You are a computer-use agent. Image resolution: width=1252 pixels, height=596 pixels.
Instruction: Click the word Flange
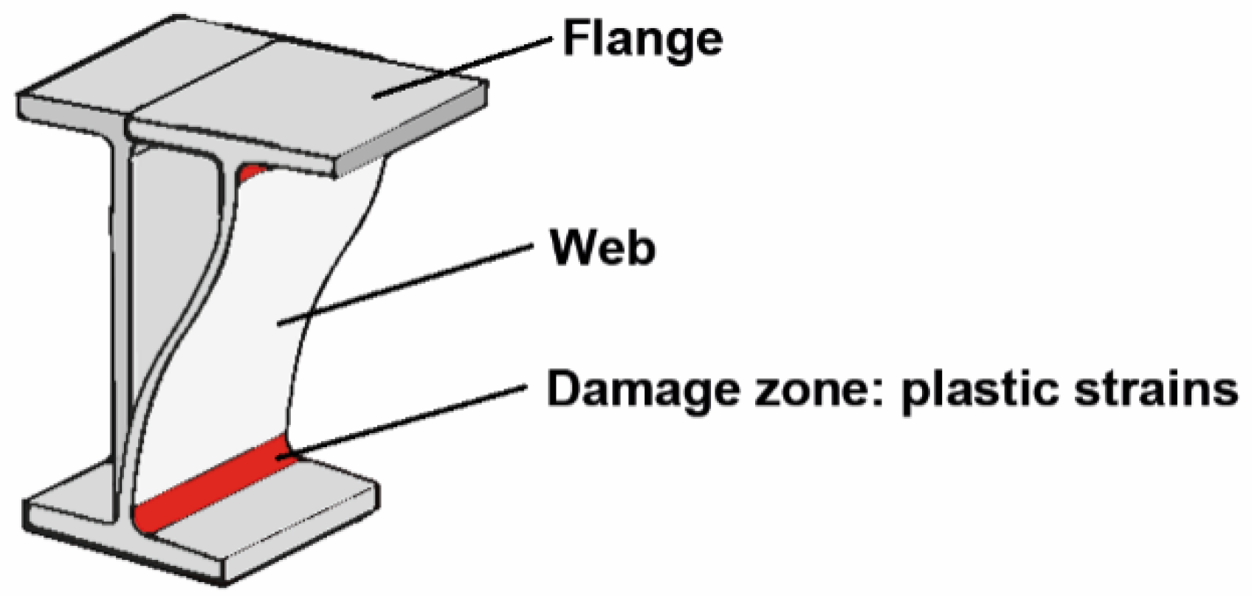[642, 38]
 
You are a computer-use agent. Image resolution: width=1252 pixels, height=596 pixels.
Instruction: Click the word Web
[602, 248]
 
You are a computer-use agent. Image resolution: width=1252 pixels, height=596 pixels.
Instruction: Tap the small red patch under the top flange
[251, 173]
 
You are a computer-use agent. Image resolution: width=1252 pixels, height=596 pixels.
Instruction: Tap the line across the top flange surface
[199, 77]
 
